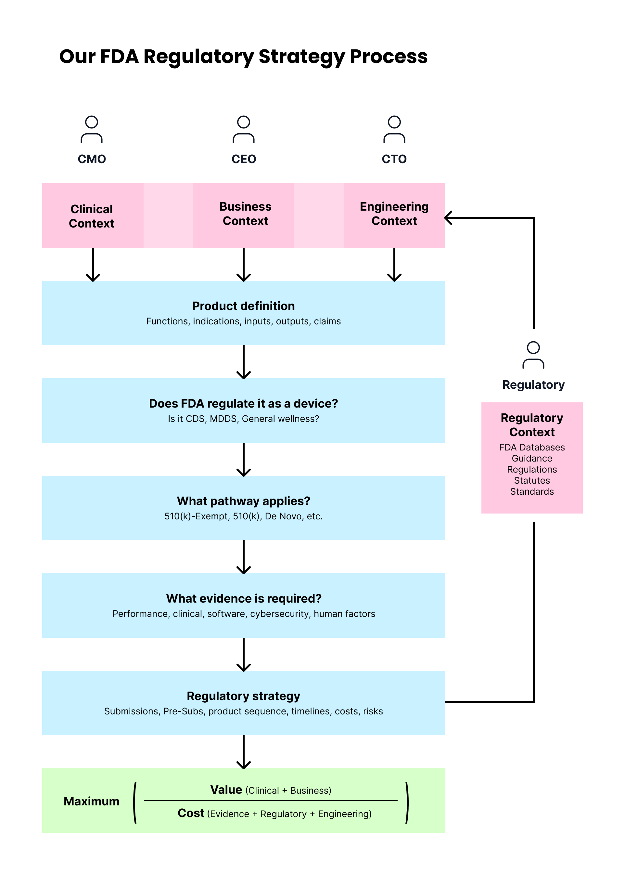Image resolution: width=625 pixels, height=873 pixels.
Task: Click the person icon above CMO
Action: tap(92, 129)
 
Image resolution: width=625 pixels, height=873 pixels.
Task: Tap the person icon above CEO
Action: tap(243, 129)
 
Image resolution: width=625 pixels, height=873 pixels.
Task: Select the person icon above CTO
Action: tap(394, 129)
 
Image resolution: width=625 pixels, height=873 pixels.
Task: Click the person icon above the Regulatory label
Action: tap(533, 355)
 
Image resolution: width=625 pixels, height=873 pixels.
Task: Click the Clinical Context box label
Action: tap(92, 216)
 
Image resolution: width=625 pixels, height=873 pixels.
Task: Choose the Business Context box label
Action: tap(245, 214)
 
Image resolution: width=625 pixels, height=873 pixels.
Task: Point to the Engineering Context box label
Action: tap(394, 214)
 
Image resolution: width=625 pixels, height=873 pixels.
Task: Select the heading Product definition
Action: tap(243, 306)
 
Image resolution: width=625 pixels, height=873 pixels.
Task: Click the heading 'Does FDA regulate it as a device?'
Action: tap(243, 403)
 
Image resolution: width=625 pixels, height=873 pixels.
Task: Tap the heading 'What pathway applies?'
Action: tap(243, 501)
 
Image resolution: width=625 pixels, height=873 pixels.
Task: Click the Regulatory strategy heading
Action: tap(243, 696)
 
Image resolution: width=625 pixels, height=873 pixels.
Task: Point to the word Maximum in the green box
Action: tap(92, 801)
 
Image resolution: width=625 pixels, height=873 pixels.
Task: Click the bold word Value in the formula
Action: tap(226, 789)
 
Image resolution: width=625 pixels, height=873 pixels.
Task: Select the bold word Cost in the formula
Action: tap(191, 813)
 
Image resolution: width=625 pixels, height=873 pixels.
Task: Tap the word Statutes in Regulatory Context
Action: tap(532, 480)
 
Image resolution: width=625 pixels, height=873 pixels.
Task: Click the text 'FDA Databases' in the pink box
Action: tap(532, 447)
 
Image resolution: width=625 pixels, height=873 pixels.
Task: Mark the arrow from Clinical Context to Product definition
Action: tap(93, 265)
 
